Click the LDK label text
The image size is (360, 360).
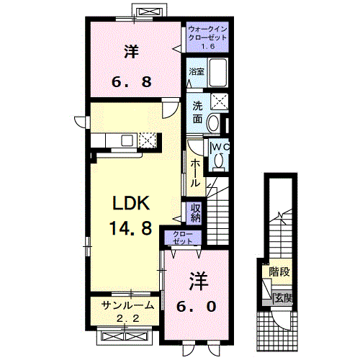click(130, 202)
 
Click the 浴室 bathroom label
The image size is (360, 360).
click(197, 72)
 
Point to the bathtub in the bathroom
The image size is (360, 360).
click(217, 73)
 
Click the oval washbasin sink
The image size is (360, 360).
click(214, 123)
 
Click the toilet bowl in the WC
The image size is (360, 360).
click(220, 162)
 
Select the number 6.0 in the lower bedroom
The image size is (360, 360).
click(196, 306)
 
